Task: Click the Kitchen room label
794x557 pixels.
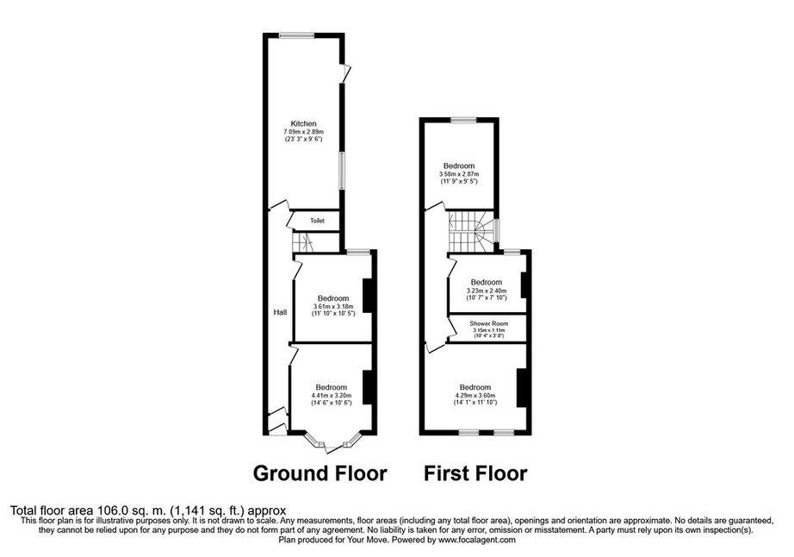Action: (x=303, y=123)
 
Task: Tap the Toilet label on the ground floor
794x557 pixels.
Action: (x=317, y=221)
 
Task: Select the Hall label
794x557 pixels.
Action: (x=280, y=312)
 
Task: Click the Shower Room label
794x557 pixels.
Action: (x=488, y=323)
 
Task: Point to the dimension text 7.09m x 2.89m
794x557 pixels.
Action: (x=303, y=132)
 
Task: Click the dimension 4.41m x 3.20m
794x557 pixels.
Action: (x=332, y=396)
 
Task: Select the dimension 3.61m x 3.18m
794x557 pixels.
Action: (x=333, y=307)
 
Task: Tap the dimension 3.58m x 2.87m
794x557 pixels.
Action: (x=459, y=174)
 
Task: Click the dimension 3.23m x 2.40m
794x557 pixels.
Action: (x=486, y=291)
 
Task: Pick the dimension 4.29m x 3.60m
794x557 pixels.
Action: (x=475, y=396)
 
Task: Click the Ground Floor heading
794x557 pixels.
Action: (x=320, y=473)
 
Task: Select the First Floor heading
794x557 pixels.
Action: (x=475, y=473)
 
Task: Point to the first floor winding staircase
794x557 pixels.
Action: (x=472, y=231)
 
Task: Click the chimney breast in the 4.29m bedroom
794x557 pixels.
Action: (x=521, y=388)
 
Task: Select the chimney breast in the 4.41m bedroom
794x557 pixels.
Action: (x=368, y=388)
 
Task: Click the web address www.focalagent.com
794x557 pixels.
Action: (x=476, y=541)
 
